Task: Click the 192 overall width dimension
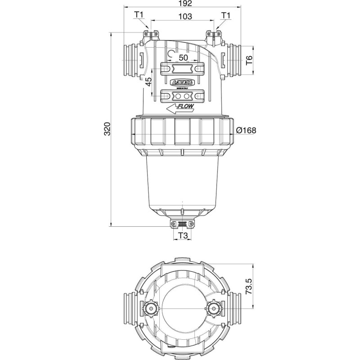182,4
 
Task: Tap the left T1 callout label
139,15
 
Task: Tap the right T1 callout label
225,15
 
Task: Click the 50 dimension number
184,58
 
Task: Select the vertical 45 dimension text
148,82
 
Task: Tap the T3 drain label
183,236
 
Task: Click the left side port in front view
131,59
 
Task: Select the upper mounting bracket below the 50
183,69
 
